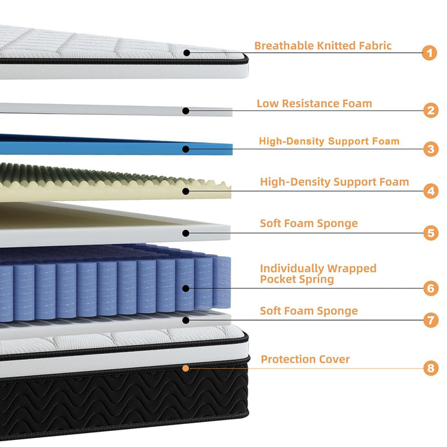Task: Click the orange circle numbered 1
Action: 429,53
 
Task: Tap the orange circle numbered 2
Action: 431,110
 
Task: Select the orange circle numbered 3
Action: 431,149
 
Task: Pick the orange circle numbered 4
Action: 431,191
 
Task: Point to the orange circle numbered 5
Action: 431,233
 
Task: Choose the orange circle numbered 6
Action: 431,288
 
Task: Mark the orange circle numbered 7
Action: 431,320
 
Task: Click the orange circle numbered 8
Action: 431,368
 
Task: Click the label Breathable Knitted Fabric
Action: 322,45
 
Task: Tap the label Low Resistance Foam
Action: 314,103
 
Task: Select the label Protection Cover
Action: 305,359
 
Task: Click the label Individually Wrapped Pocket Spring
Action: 318,274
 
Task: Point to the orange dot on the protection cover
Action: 186,368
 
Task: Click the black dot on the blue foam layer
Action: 186,149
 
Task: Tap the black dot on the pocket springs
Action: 186,289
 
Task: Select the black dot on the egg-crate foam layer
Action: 186,192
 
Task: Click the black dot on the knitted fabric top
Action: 186,53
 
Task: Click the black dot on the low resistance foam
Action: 186,111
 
